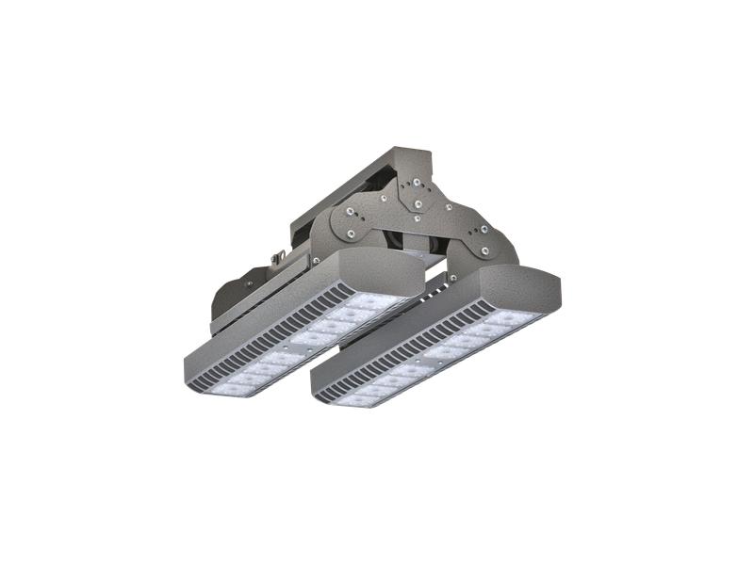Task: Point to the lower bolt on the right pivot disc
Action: coord(484,250)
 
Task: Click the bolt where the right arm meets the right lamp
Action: coord(452,276)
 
